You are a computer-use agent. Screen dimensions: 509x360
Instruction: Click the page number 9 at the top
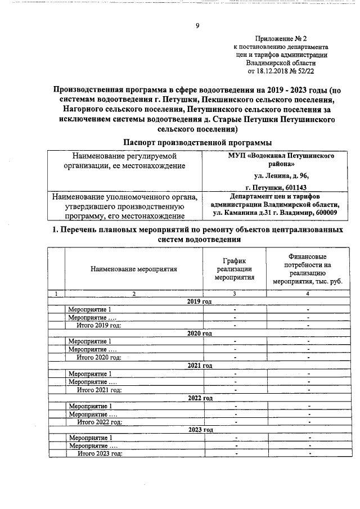[x=197, y=25]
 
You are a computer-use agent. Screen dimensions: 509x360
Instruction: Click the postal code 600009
[x=323, y=214]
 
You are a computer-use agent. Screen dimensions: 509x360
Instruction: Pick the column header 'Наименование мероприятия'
[x=134, y=269]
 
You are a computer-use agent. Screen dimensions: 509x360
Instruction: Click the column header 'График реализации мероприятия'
[x=235, y=269]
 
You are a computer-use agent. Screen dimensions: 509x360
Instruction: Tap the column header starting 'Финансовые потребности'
[x=307, y=269]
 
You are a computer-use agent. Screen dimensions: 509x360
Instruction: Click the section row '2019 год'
[x=199, y=301]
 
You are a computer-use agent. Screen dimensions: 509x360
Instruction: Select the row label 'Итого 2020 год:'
[x=99, y=357]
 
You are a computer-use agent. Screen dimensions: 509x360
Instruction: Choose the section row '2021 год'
[x=199, y=366]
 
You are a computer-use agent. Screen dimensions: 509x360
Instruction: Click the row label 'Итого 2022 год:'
[x=99, y=421]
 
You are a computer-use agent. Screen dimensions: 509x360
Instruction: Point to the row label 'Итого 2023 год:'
[x=99, y=453]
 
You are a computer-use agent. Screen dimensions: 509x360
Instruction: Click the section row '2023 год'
[x=199, y=430]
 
